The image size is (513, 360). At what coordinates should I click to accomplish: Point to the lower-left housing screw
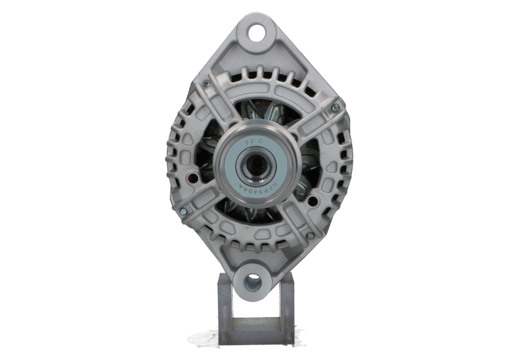tap(185, 214)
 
